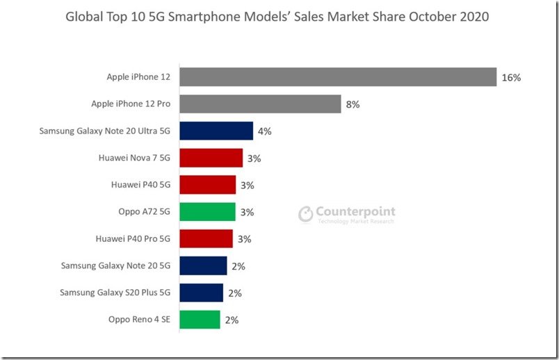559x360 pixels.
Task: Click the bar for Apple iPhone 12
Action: click(x=337, y=77)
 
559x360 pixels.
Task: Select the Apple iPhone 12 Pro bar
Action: click(x=260, y=104)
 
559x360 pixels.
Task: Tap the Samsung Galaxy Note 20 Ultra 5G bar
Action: click(x=216, y=131)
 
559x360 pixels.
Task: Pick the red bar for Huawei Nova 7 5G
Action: click(x=211, y=158)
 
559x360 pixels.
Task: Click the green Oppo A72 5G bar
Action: click(x=207, y=212)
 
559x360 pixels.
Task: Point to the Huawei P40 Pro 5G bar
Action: click(x=206, y=239)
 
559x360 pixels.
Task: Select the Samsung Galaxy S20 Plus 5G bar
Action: click(x=201, y=293)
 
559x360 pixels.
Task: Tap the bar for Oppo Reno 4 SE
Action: click(x=200, y=320)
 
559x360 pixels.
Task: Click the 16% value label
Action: click(x=511, y=78)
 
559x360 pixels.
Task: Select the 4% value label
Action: click(x=264, y=131)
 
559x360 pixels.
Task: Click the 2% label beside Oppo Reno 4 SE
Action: click(x=232, y=320)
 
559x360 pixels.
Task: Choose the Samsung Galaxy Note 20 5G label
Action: click(x=115, y=265)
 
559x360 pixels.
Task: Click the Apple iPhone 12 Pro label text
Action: click(x=131, y=104)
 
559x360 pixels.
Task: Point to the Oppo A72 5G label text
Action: click(x=145, y=212)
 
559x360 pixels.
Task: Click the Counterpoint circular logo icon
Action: click(x=306, y=214)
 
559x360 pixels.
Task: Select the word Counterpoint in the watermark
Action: click(x=355, y=212)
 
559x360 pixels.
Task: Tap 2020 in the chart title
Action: click(x=473, y=16)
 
